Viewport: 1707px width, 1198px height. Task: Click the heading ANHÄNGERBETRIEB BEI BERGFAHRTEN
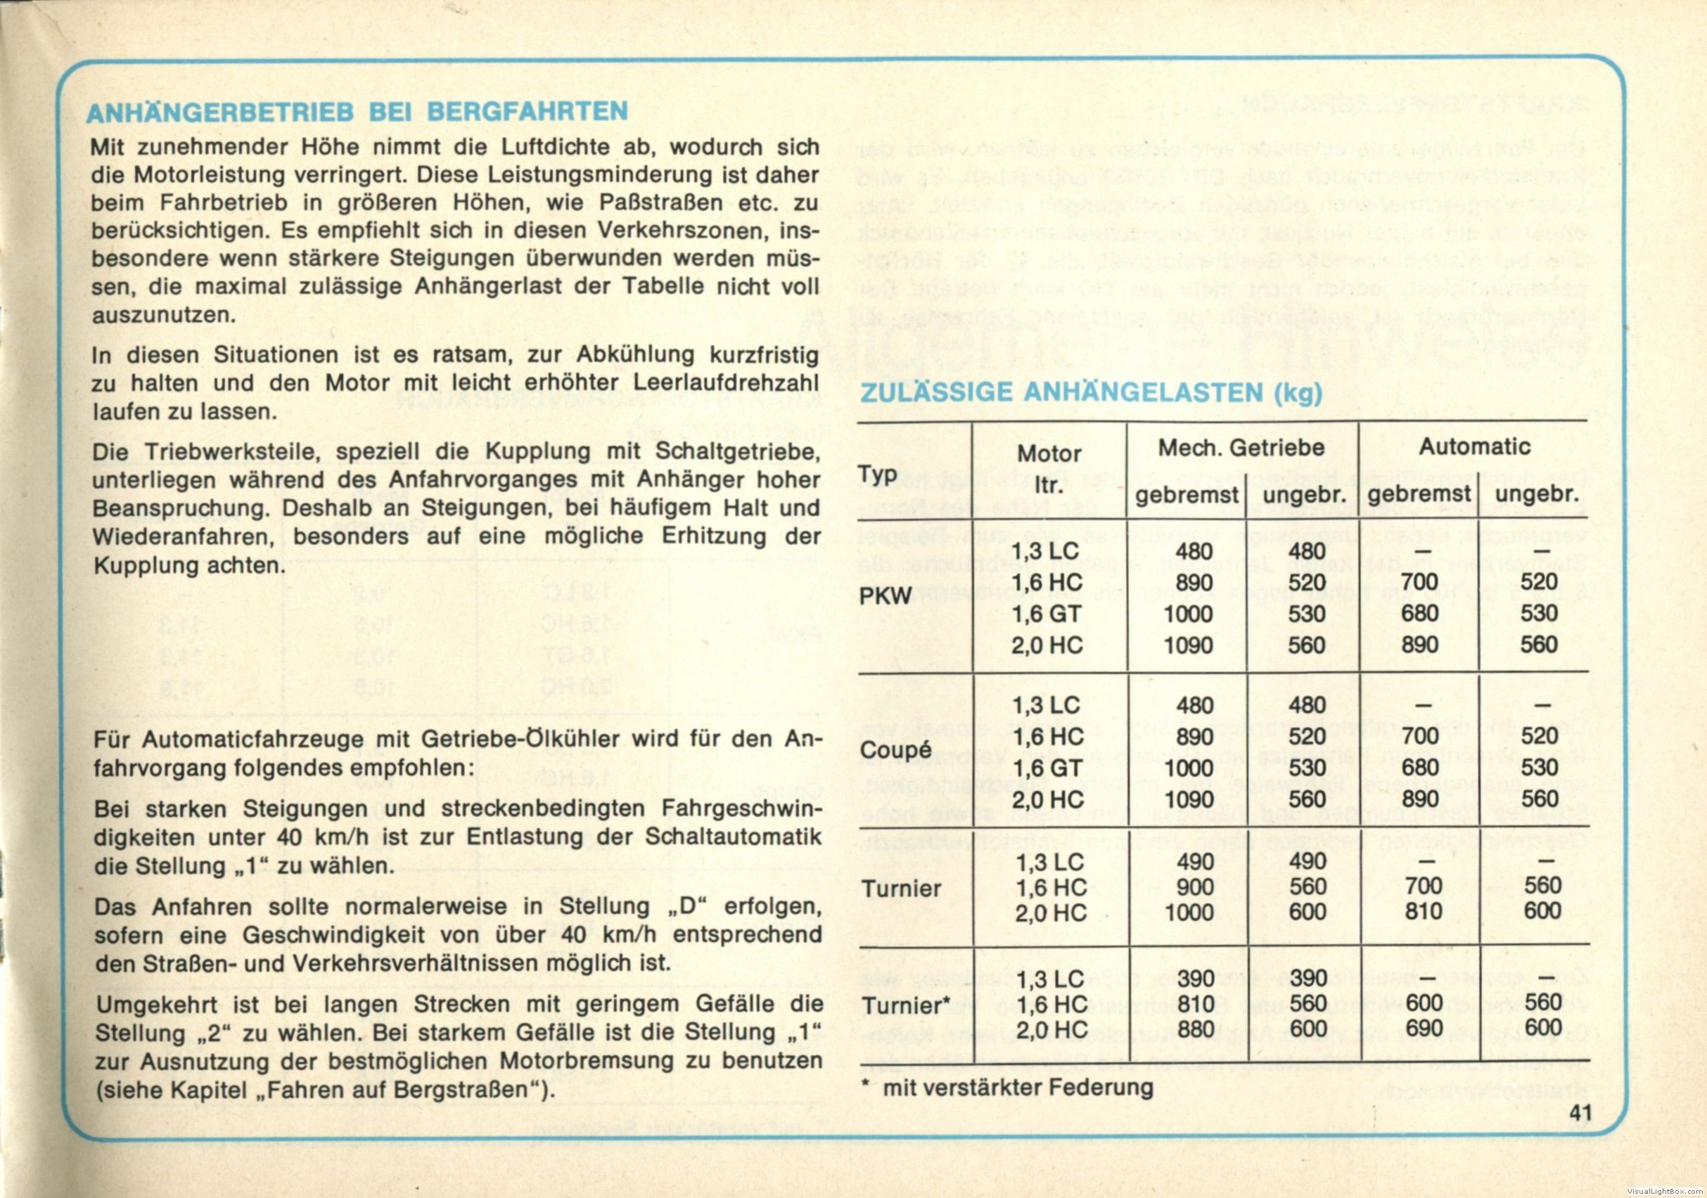click(357, 112)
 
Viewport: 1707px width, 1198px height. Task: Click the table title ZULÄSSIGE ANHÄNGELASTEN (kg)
click(1091, 392)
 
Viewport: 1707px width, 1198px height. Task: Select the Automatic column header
click(1474, 446)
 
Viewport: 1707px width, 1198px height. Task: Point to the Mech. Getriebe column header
click(1241, 447)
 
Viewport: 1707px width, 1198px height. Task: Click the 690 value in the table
click(1423, 1029)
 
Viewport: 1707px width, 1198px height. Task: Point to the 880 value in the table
click(1196, 1030)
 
